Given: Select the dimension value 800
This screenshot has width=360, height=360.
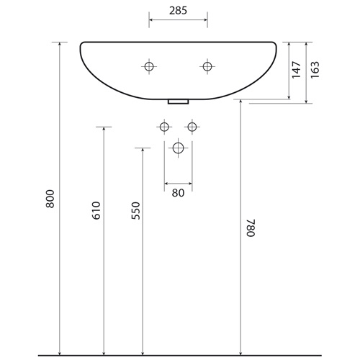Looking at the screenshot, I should tap(50, 199).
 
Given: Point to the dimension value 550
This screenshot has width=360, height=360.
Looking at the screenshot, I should tap(136, 210).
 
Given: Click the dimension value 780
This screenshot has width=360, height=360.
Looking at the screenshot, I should tap(250, 228).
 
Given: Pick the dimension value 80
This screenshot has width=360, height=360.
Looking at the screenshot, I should tap(178, 192).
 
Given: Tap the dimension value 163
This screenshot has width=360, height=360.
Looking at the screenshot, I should tap(315, 69).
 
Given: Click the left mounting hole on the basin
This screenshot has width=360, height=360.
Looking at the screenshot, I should tap(149, 67).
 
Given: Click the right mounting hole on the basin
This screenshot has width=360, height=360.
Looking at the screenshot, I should tap(207, 67).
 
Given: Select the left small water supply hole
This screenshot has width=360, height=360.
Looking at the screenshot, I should tap(164, 127).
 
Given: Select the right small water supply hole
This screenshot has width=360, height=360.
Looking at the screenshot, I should tap(192, 127).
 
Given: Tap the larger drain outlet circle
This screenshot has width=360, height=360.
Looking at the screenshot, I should tap(178, 149).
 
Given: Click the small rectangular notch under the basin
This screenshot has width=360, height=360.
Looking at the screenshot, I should tap(178, 102).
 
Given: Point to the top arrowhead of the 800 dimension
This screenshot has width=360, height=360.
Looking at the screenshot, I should tap(58, 45).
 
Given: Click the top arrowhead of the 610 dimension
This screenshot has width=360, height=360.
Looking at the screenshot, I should tap(104, 130).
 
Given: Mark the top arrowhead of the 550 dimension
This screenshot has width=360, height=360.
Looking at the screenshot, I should tap(143, 151).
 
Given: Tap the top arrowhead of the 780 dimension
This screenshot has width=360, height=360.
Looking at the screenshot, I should tap(240, 102).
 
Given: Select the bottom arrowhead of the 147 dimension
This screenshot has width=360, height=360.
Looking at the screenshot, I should tap(289, 96).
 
